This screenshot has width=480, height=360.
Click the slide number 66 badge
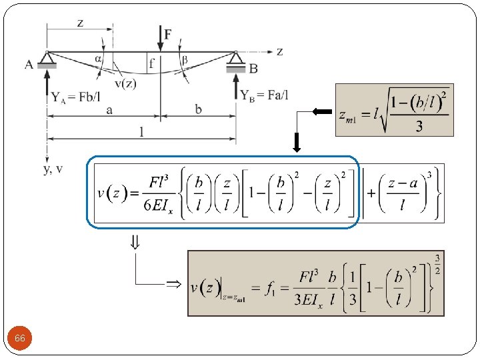(x=20, y=339)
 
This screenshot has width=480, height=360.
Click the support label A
(x=29, y=65)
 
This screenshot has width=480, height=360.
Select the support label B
(x=254, y=68)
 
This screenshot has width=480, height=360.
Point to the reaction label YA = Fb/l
(x=77, y=96)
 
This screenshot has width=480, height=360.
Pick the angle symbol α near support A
(x=99, y=58)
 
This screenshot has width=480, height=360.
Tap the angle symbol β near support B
(x=185, y=59)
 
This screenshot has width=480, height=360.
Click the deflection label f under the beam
(x=153, y=64)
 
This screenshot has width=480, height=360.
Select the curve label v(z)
(x=125, y=83)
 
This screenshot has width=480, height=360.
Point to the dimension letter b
(x=199, y=109)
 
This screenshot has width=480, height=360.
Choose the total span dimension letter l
(x=141, y=132)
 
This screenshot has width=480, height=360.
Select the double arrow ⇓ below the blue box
(x=134, y=243)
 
